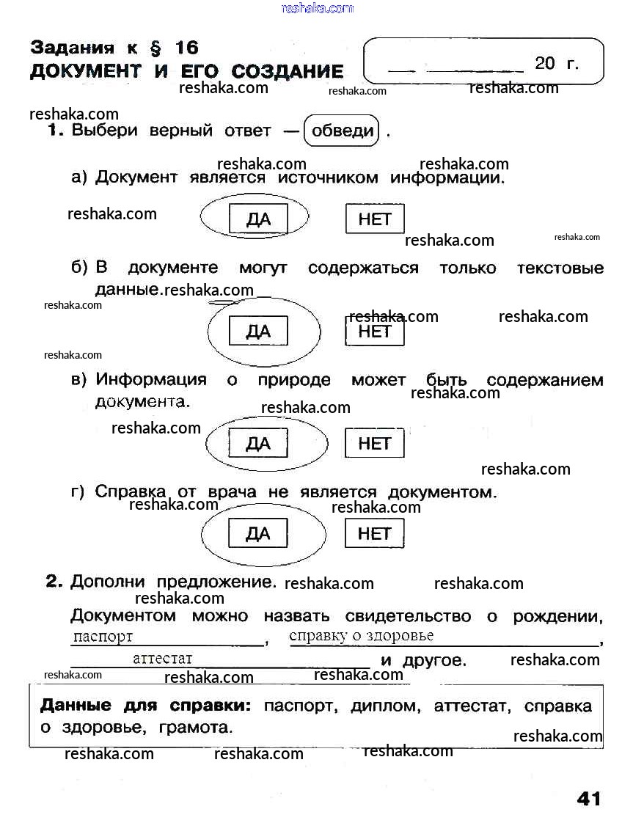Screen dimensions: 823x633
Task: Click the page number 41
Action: tap(588, 798)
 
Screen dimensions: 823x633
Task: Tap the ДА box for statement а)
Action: tap(258, 219)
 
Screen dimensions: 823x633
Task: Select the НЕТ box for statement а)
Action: tap(375, 219)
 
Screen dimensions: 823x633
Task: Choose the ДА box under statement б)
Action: tap(258, 331)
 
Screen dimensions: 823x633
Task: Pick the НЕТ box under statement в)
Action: tap(375, 443)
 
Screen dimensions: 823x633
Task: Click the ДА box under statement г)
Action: tap(258, 533)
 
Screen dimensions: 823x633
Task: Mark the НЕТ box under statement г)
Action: tap(375, 533)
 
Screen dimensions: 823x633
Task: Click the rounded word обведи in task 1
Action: tap(343, 132)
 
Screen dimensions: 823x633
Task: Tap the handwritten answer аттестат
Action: tap(162, 659)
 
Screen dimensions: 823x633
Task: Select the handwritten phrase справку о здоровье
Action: tap(362, 636)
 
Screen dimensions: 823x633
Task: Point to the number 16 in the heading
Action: tap(186, 48)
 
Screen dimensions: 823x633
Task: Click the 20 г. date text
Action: tap(557, 63)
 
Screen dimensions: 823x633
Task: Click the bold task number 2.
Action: tap(54, 582)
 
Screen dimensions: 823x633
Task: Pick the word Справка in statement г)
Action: tap(125, 492)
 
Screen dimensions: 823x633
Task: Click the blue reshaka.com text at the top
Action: tap(317, 8)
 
